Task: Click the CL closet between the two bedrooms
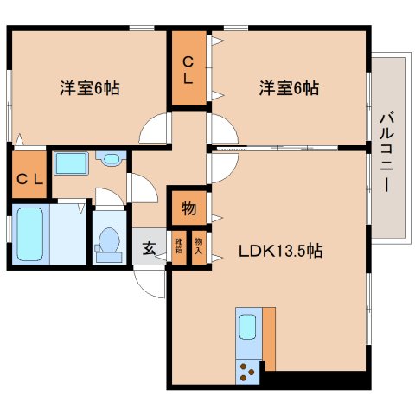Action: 188,68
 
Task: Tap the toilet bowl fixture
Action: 109,243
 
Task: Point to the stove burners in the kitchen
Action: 247,371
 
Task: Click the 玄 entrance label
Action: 149,248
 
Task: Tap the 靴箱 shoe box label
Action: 179,248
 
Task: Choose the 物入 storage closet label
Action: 198,248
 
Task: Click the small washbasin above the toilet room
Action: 110,159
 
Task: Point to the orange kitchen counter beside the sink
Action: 269,337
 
